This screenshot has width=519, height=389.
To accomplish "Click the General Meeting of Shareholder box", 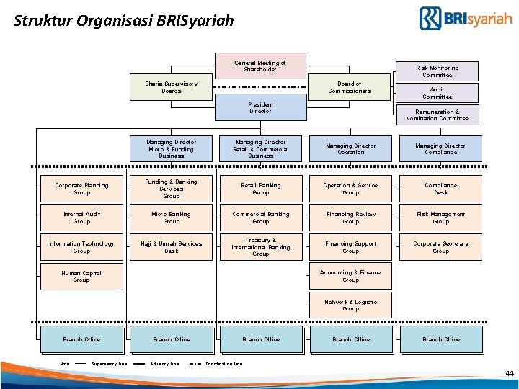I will (x=260, y=66).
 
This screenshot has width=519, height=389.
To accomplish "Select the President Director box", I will (x=260, y=108).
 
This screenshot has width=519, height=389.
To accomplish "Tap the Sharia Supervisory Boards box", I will (x=172, y=87).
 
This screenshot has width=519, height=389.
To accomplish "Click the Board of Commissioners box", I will (x=350, y=87).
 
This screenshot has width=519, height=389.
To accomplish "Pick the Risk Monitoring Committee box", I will (x=437, y=71).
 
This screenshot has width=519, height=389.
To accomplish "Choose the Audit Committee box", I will (x=437, y=93).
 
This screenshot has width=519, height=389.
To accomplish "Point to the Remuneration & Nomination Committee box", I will (x=437, y=115).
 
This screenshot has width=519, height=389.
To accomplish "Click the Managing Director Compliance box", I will (x=440, y=148).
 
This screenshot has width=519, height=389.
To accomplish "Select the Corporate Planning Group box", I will (x=81, y=189).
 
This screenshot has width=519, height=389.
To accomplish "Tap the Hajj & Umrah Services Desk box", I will (x=172, y=247).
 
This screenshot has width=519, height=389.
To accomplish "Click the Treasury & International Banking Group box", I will (x=260, y=247).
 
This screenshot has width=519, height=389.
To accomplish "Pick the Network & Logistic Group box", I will (x=350, y=305).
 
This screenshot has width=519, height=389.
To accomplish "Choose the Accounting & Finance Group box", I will (x=350, y=276).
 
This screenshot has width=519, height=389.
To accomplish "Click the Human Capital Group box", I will (x=81, y=276).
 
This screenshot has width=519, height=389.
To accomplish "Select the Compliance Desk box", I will (x=440, y=189).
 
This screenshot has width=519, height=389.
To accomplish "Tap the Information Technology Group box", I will (x=81, y=247).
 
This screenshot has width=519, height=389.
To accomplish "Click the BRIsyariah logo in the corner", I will (x=465, y=18).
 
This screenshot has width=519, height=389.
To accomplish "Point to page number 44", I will (x=510, y=374).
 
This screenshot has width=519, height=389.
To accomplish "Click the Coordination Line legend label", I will (x=224, y=363).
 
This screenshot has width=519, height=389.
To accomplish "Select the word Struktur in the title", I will (x=40, y=21).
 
